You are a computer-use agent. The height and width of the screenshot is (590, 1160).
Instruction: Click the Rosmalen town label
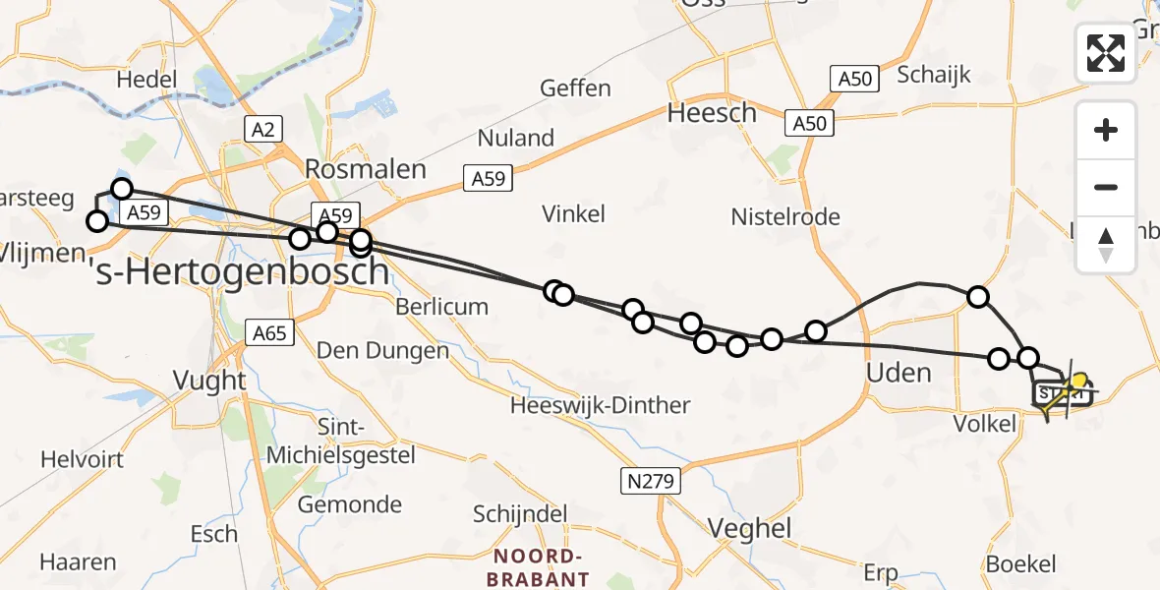(366, 169)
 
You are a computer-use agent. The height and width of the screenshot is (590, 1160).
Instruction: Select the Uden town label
(899, 373)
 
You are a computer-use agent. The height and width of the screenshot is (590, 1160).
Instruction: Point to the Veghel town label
(749, 529)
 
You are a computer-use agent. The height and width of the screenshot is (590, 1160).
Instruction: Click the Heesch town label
(712, 113)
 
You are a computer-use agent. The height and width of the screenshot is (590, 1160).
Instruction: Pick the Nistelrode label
(785, 216)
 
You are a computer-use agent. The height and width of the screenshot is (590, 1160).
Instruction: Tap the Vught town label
(208, 380)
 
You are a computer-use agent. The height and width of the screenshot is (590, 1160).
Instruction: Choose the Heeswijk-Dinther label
(600, 404)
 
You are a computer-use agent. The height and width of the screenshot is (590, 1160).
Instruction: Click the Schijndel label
(520, 514)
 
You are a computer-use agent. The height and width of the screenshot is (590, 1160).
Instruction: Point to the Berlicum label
(441, 307)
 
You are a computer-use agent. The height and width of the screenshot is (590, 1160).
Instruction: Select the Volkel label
(984, 424)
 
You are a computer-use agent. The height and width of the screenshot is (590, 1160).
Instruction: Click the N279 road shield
(649, 480)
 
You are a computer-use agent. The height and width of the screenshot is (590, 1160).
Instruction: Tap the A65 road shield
(268, 333)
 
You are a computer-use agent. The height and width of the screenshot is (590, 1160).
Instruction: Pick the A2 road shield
(263, 129)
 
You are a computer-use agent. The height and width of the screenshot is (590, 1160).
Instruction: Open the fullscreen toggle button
(1106, 53)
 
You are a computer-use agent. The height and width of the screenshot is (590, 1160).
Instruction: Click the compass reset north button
(1106, 244)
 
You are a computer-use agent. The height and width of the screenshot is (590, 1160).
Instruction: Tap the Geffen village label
(575, 88)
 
